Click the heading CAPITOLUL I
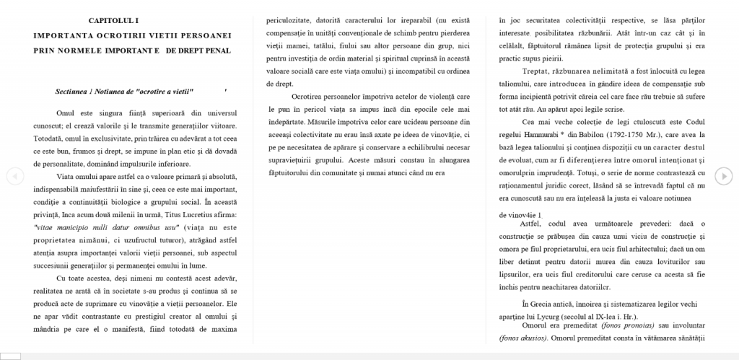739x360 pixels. point(115,20)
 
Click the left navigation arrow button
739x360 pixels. point(15,176)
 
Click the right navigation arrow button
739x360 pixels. point(723,176)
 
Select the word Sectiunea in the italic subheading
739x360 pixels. point(71,92)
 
